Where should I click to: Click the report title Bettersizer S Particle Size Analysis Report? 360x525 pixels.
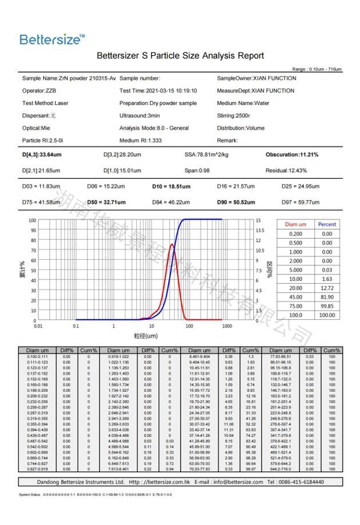(x=180, y=56)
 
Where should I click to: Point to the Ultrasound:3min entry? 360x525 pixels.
(x=140, y=115)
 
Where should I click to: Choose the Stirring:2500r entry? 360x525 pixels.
(x=233, y=115)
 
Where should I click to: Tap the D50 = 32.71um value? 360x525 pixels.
(x=107, y=202)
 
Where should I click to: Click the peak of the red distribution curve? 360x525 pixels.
(x=173, y=244)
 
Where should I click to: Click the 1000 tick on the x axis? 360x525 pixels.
(x=226, y=326)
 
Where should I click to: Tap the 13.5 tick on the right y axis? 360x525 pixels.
(x=259, y=230)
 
